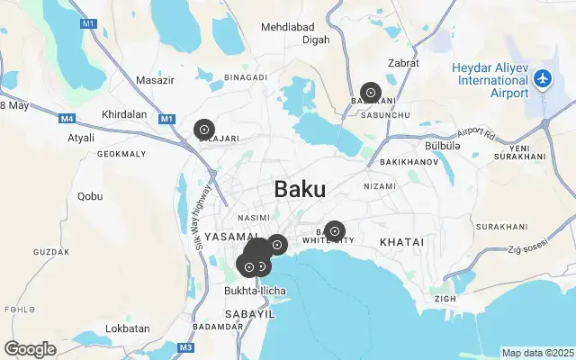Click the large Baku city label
300,189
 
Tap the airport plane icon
543,79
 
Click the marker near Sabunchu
370,93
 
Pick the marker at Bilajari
204,130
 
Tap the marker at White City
334,231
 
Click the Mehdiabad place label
291,27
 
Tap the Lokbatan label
127,328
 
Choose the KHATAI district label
401,243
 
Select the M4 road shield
67,118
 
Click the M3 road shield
185,347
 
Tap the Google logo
30,348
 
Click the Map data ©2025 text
536,353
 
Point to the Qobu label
90,195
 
